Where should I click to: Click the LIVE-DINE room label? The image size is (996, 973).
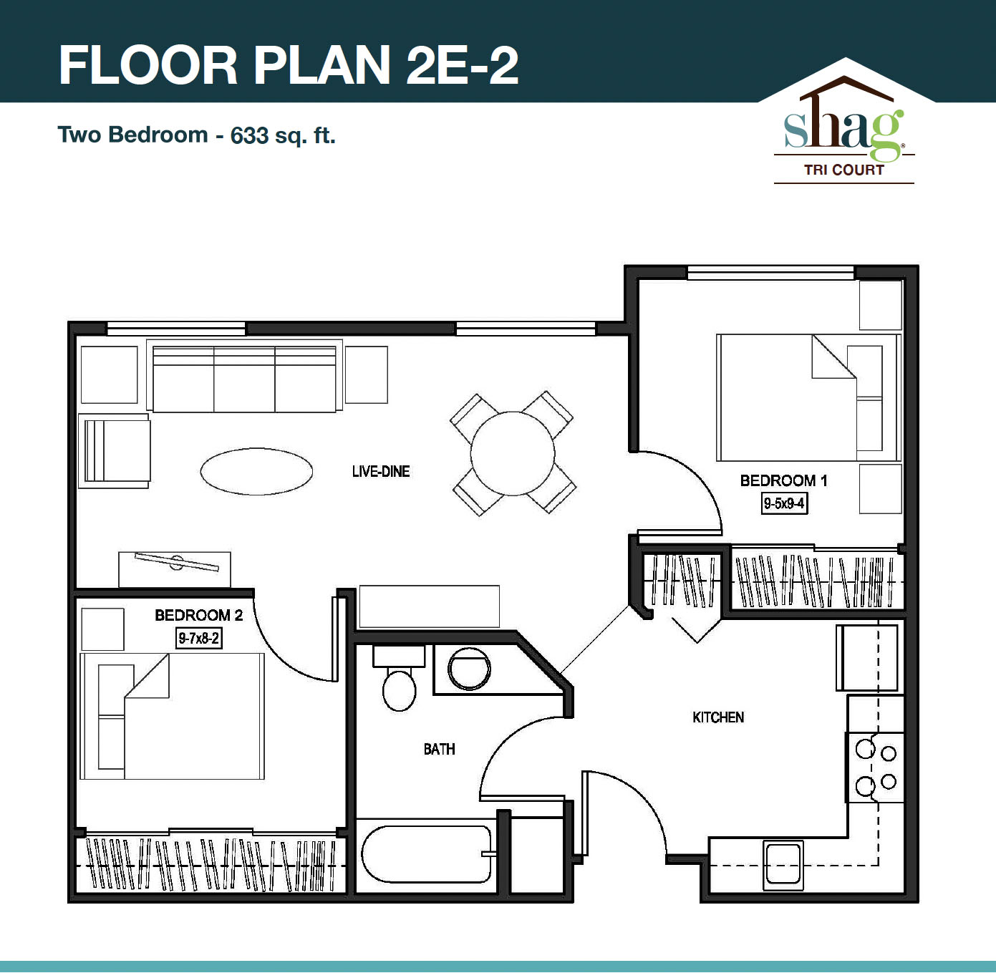tap(381, 472)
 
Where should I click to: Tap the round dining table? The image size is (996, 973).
tap(513, 453)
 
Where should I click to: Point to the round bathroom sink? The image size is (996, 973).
tap(469, 669)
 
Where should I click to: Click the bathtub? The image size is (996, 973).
tap(427, 854)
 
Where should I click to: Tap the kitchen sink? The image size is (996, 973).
tap(783, 864)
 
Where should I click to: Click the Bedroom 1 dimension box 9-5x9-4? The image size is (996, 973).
tap(784, 503)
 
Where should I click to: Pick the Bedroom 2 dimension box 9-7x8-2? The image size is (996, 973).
tap(199, 638)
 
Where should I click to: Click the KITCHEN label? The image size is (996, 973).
tap(718, 717)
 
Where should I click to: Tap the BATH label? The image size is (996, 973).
tap(439, 750)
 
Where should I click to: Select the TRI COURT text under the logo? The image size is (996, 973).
tap(843, 170)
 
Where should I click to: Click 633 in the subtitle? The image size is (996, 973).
tap(249, 135)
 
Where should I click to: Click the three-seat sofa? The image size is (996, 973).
tap(244, 377)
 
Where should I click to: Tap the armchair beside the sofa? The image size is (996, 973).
tap(115, 451)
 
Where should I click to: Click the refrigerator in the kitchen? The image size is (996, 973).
tap(867, 657)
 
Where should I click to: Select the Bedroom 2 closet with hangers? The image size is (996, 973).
tap(210, 864)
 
